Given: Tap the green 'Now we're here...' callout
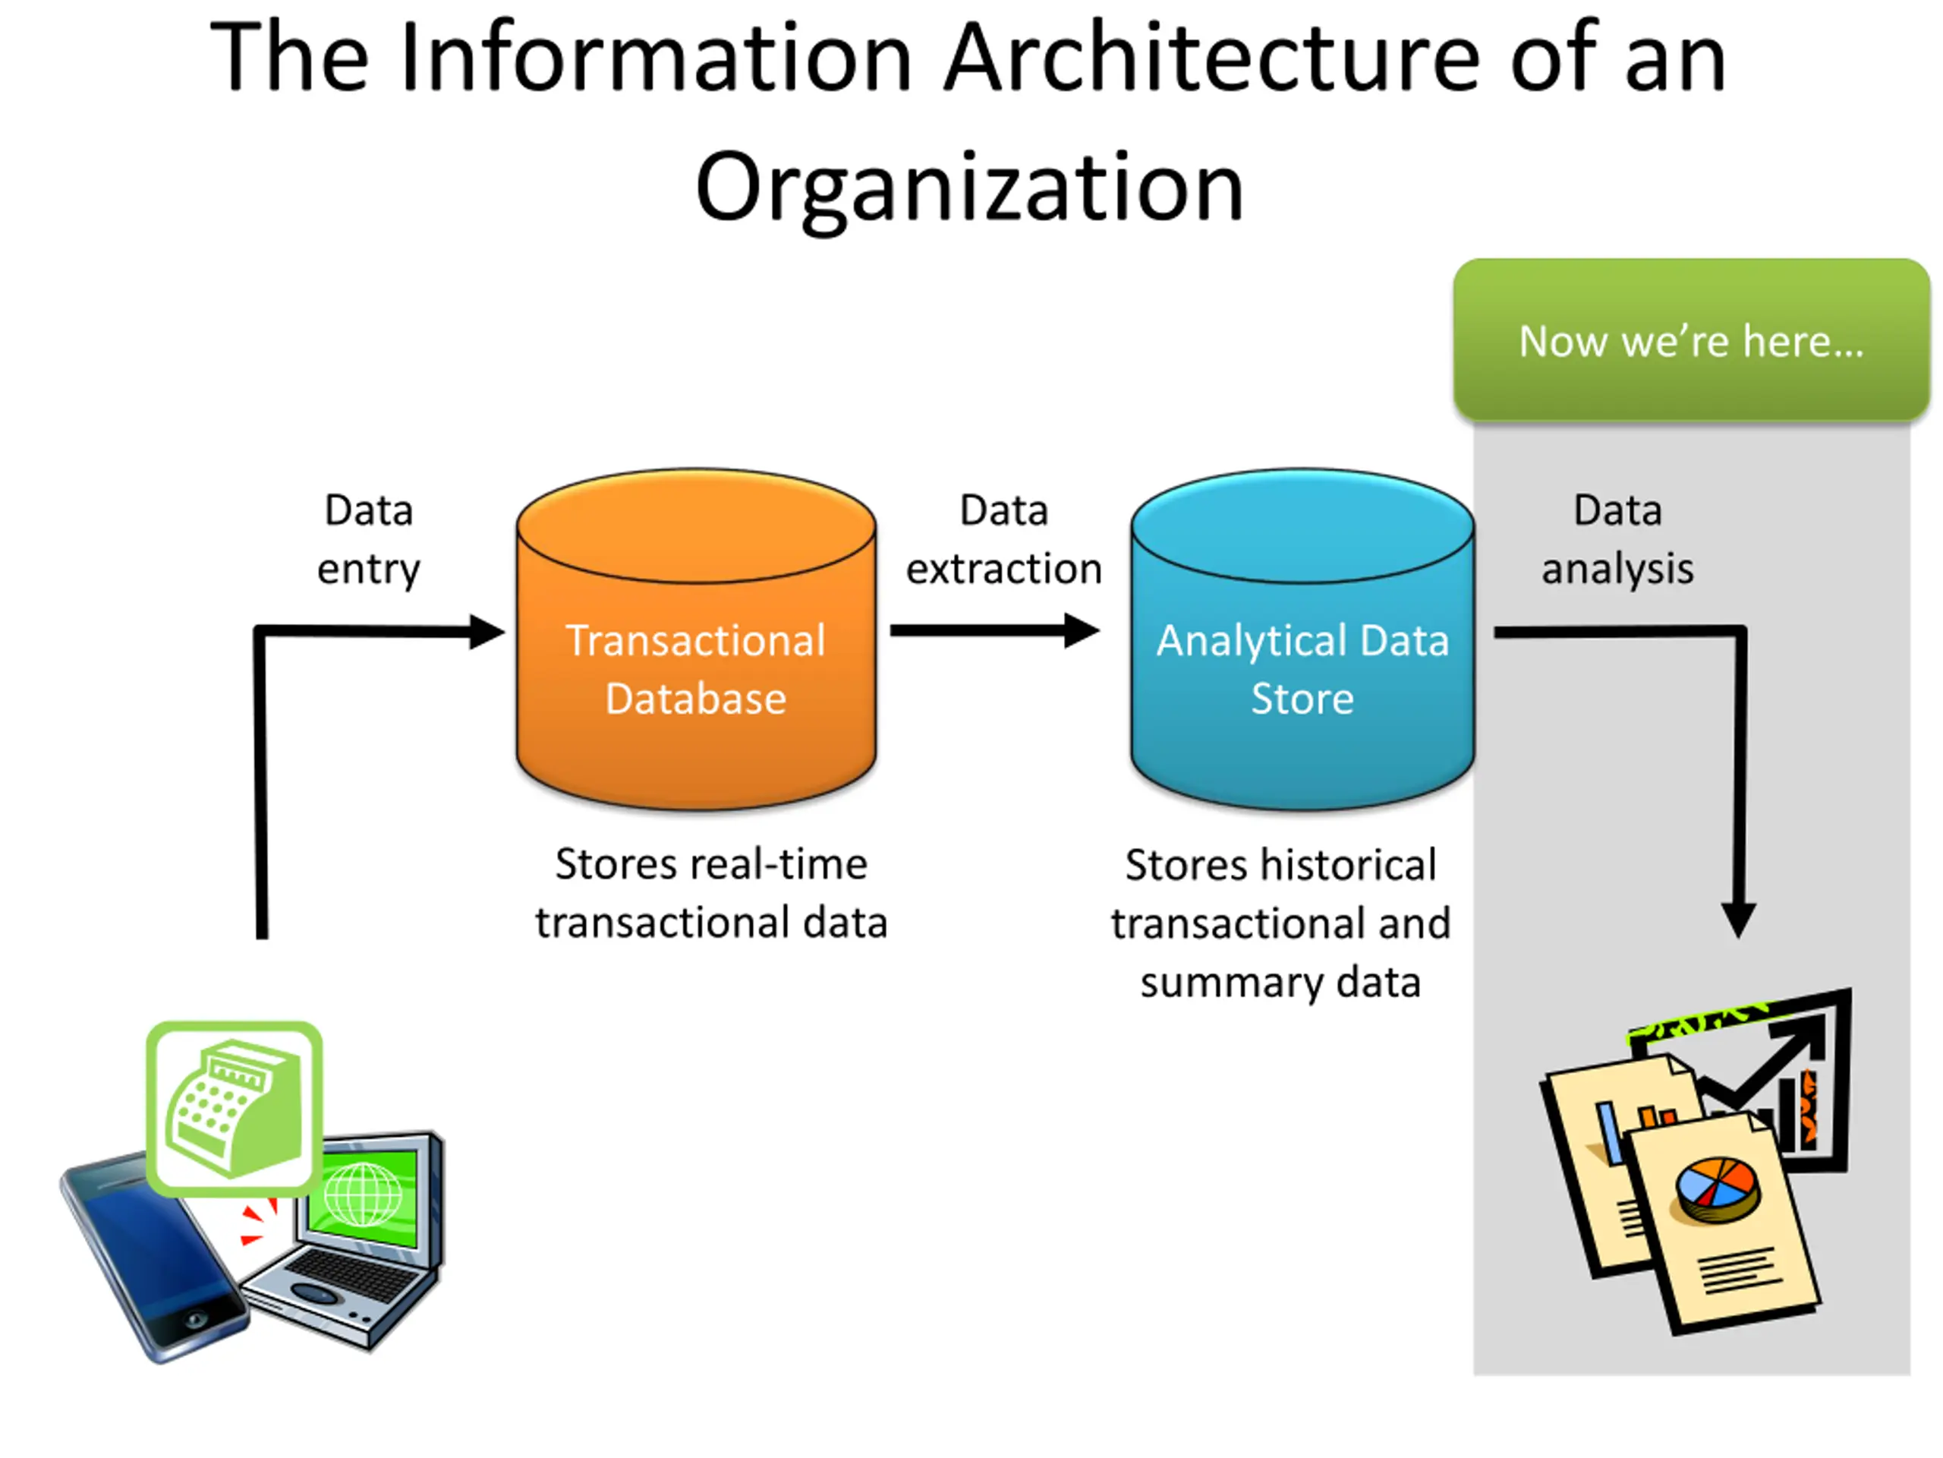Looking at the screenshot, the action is (x=1691, y=340).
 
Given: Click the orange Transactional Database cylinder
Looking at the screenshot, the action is (x=696, y=639).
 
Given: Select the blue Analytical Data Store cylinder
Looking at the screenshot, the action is (x=1302, y=639).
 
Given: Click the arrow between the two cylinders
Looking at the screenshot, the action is (x=995, y=630).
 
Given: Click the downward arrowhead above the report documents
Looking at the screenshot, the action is (x=1738, y=920).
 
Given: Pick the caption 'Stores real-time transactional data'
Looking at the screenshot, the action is (x=711, y=893).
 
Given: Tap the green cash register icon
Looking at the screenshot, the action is (x=235, y=1108).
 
